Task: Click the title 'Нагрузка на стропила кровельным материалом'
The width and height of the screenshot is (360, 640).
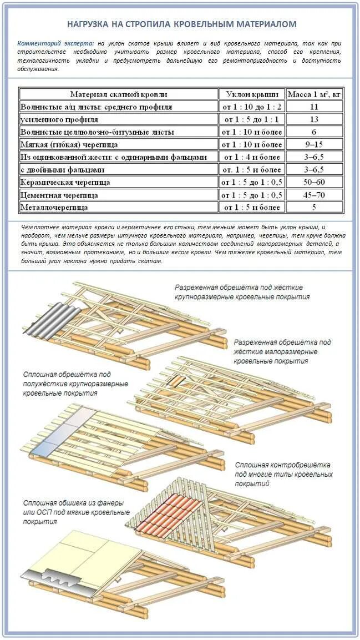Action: point(181,24)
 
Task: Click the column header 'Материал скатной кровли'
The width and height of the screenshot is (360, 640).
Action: point(118,94)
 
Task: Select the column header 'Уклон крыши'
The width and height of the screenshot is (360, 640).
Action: point(252,94)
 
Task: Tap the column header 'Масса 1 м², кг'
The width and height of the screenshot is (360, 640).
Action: point(314,94)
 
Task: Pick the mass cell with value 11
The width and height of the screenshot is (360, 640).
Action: point(314,107)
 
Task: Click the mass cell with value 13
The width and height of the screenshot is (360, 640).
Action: point(314,119)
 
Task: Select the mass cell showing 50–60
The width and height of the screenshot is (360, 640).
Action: point(314,182)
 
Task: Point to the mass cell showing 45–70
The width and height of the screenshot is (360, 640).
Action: point(314,195)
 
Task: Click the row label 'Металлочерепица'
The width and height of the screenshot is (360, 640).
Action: point(54,208)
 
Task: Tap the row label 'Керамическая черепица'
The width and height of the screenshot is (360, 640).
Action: point(65,182)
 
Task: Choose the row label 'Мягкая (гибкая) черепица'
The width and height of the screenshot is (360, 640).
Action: point(69,144)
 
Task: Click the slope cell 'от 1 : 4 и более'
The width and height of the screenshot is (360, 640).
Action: point(252,157)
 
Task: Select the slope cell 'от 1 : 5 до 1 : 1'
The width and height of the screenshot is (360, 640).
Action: point(252,119)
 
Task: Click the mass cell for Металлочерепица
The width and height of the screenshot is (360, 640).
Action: point(314,208)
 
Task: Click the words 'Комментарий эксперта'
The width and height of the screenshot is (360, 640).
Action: point(55,43)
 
